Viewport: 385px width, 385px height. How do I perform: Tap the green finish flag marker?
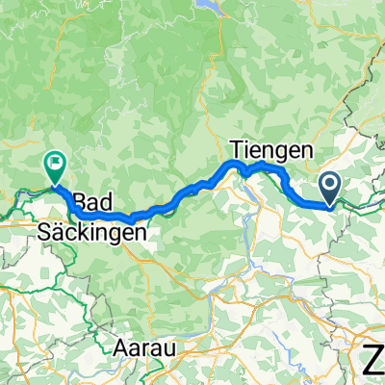tap(56, 168)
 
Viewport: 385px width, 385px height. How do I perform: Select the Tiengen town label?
tap(273, 149)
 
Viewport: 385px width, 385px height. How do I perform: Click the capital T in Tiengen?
tap(238, 149)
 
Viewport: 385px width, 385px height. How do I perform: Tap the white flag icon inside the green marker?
tap(56, 165)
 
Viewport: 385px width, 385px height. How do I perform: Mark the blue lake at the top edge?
tap(208, 5)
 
